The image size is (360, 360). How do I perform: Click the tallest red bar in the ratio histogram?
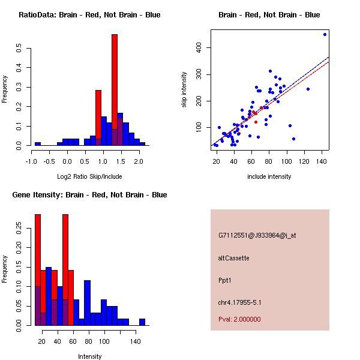click(x=115, y=90)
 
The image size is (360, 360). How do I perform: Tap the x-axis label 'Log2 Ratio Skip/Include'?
click(x=89, y=176)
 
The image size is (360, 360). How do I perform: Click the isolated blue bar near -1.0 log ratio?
click(x=38, y=144)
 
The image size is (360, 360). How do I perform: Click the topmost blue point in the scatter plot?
click(x=325, y=34)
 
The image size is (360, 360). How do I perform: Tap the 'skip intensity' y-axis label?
click(x=185, y=90)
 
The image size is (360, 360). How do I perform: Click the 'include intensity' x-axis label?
click(x=269, y=176)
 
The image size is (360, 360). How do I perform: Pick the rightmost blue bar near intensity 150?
click(x=142, y=322)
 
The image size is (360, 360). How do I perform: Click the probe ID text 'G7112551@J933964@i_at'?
click(x=257, y=235)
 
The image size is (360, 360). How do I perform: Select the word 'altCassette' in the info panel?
click(x=233, y=258)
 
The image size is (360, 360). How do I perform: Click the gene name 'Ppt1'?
click(x=225, y=280)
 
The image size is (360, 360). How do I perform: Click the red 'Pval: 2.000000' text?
click(x=239, y=319)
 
